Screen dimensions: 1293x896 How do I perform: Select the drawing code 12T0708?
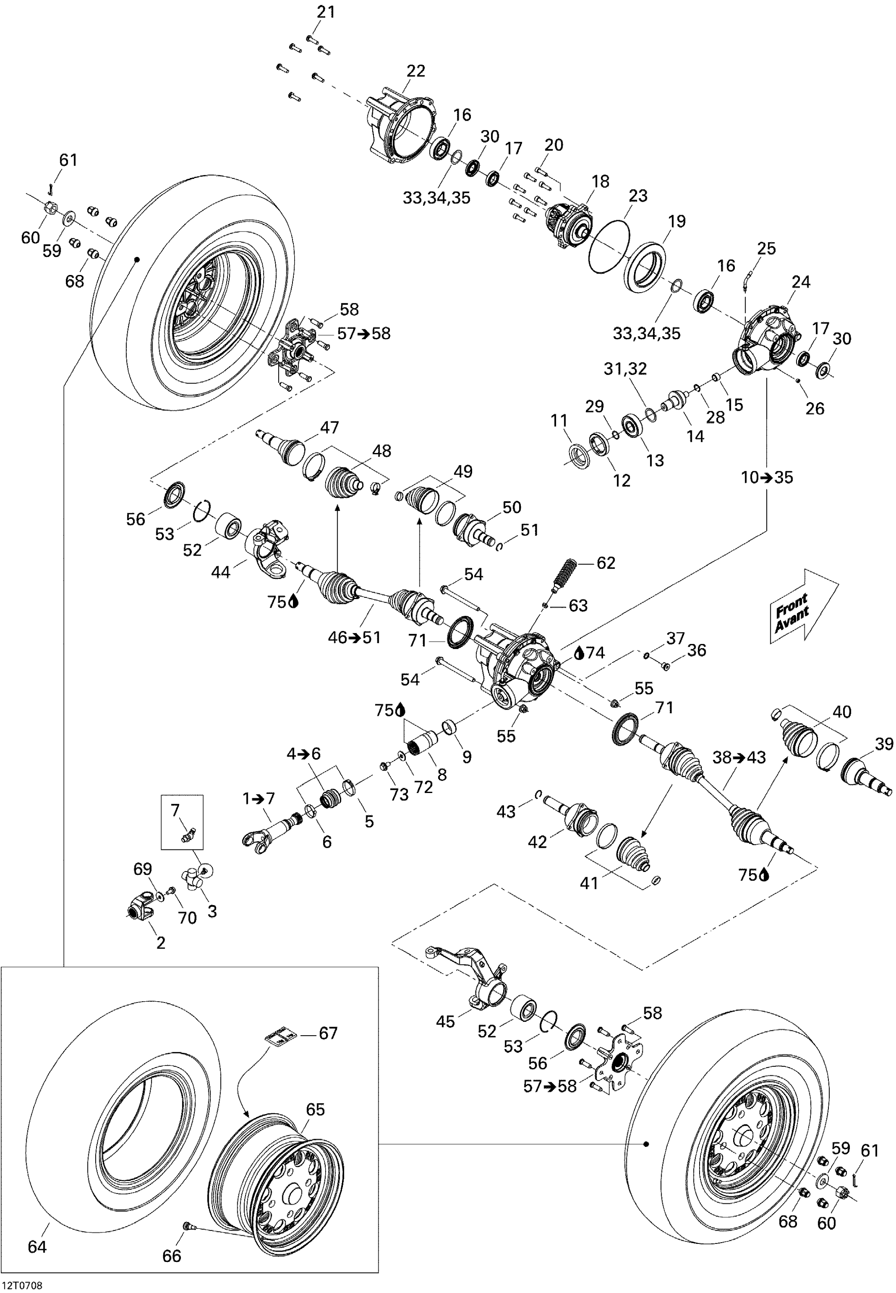[x=22, y=1285]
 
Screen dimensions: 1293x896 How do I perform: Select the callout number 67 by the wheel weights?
[x=328, y=1033]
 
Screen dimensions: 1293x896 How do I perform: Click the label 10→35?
[x=767, y=478]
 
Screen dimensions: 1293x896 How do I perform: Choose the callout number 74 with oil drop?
[x=594, y=652]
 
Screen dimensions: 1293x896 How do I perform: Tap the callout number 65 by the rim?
[x=315, y=1109]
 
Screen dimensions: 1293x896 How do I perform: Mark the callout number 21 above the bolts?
[x=326, y=12]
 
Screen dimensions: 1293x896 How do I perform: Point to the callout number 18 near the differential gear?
[x=600, y=181]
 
